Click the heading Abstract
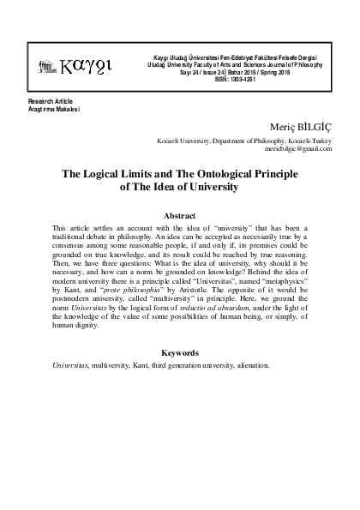[186, 216]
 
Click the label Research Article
[49, 101]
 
